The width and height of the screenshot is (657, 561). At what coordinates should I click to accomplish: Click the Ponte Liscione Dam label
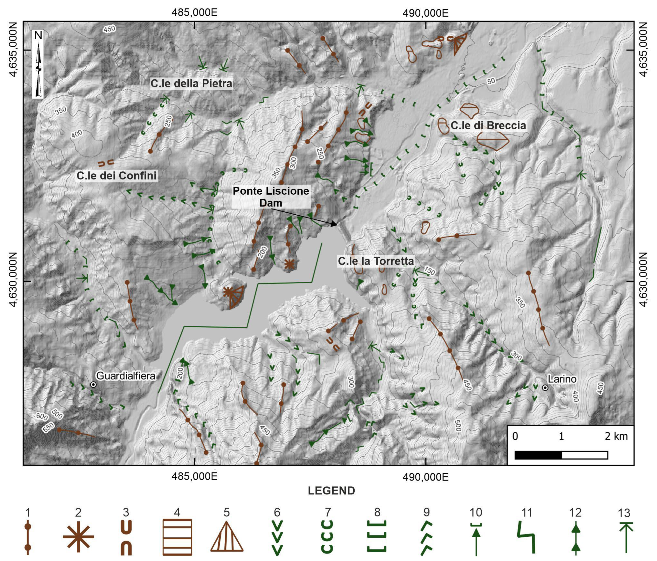click(x=271, y=197)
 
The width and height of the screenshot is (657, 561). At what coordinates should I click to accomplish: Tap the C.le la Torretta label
click(x=376, y=261)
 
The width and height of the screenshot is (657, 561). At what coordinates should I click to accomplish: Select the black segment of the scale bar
click(x=538, y=455)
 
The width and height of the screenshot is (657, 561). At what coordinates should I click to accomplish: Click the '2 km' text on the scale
click(x=616, y=436)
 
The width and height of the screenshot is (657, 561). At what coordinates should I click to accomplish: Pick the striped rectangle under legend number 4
click(x=177, y=537)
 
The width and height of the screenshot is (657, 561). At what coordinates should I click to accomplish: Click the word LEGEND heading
click(x=331, y=491)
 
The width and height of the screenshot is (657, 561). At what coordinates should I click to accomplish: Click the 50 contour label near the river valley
click(x=491, y=81)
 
